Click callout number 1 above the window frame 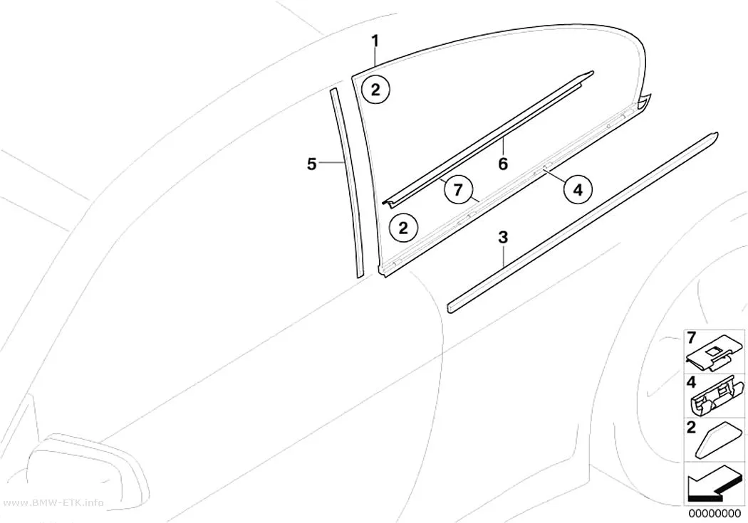[376, 41]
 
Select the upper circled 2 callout [375, 89]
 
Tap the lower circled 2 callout [403, 228]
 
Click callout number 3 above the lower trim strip [503, 237]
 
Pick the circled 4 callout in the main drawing [578, 190]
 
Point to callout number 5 [311, 165]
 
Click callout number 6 [503, 164]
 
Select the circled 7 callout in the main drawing [458, 190]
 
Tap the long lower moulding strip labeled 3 [583, 223]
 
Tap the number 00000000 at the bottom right [715, 514]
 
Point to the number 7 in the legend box [691, 338]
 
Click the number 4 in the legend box [691, 382]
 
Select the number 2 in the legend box [691, 427]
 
